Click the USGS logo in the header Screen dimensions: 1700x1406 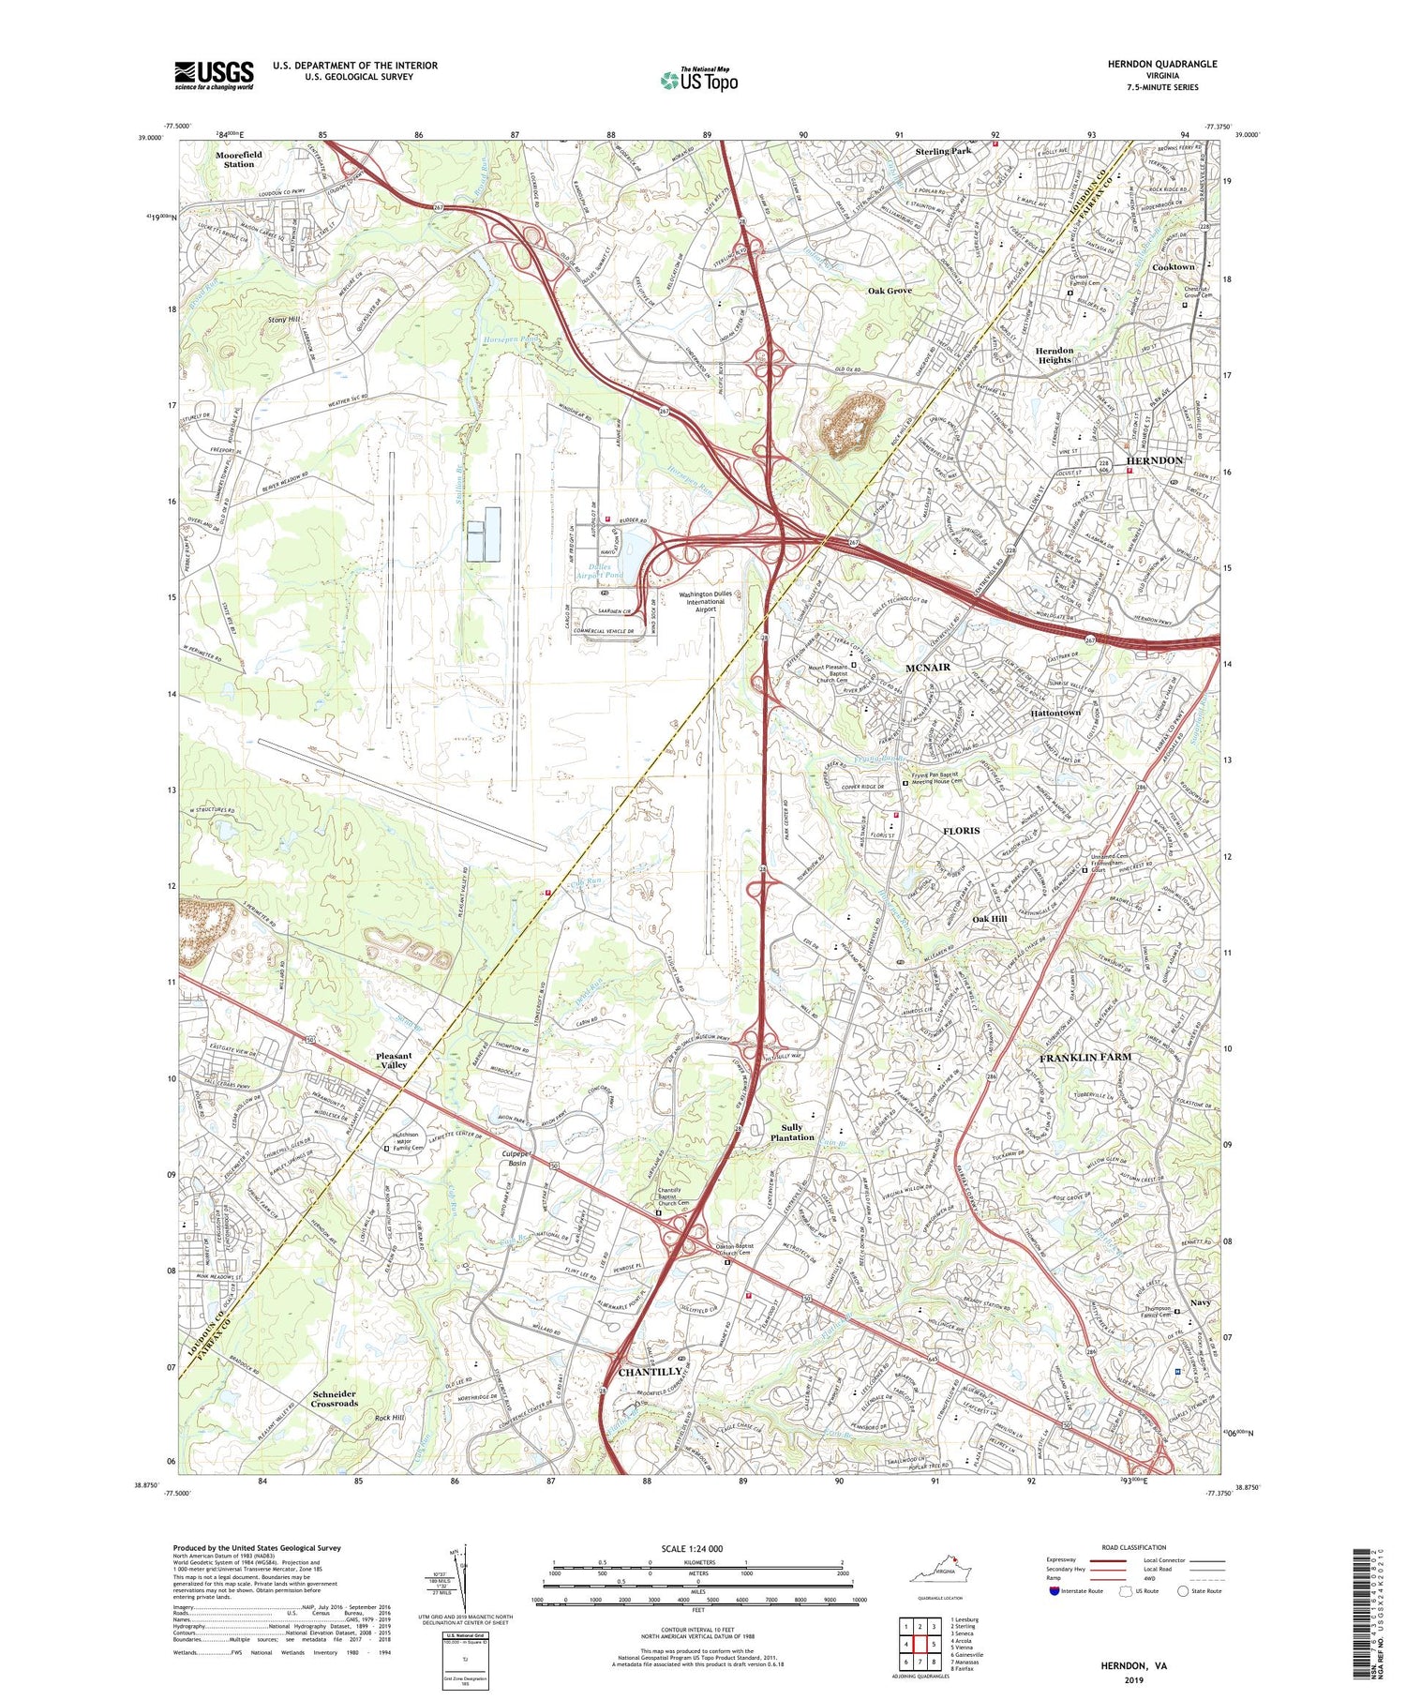(x=214, y=75)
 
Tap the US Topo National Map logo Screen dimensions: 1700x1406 (x=698, y=80)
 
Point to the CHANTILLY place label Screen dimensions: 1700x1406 (x=651, y=1372)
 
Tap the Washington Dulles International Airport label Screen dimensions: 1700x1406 (x=705, y=602)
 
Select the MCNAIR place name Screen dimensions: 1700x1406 (x=928, y=667)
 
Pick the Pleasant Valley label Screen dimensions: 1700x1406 (x=393, y=1061)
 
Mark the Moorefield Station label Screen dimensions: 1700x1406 (x=239, y=158)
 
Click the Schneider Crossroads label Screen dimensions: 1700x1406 (x=335, y=1398)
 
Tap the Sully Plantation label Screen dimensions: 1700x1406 (x=792, y=1132)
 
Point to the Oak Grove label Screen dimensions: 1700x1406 (x=889, y=291)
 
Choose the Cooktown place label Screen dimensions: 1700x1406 (x=1173, y=267)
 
